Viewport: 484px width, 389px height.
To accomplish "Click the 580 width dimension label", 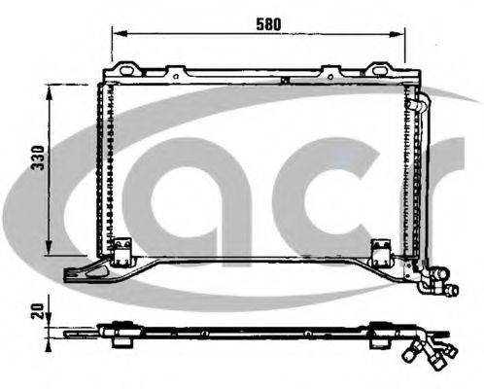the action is (x=268, y=24).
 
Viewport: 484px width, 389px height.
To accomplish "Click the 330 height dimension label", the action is (x=38, y=158).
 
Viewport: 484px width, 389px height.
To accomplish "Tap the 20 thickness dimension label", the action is (x=38, y=310).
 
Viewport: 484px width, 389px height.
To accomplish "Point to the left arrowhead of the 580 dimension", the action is (x=120, y=33).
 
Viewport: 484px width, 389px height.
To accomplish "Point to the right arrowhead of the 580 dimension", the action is (x=398, y=33).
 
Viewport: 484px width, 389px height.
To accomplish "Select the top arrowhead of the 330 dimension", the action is (x=49, y=92).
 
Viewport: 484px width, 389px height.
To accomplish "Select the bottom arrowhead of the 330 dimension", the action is (x=49, y=247).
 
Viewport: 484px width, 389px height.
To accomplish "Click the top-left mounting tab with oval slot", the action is (x=126, y=69).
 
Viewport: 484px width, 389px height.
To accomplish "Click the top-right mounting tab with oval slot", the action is (x=379, y=69).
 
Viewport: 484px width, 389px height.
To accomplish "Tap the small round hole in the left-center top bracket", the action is (x=176, y=77).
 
